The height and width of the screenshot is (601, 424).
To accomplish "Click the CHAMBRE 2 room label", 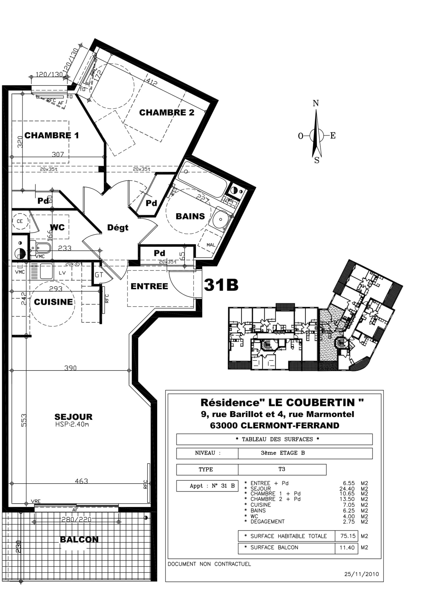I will tap(167, 112).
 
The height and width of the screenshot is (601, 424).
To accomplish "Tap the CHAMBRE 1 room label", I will tap(51, 135).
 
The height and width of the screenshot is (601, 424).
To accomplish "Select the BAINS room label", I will tap(190, 216).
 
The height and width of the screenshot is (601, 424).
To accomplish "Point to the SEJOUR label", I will tap(73, 417).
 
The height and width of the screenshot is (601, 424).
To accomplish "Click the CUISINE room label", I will tap(53, 302).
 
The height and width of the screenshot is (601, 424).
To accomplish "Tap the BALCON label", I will tap(79, 539).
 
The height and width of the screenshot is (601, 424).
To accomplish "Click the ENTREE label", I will tap(149, 286).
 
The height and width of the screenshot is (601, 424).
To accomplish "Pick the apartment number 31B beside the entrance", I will tap(221, 285).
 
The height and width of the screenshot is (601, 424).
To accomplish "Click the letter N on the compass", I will tap(316, 103).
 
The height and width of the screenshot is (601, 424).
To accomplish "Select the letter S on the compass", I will tap(317, 161).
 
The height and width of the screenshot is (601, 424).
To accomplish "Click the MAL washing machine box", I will tap(211, 245).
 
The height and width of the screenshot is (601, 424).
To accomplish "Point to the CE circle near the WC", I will tap(20, 221).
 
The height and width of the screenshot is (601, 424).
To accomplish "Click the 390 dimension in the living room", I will tap(70, 368).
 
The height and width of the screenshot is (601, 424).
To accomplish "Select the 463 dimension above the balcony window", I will tap(81, 481).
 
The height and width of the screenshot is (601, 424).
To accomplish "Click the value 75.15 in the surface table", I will tap(348, 536).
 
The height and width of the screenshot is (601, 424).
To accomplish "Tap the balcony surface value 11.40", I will tap(347, 548).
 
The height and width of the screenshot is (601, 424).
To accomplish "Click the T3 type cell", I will tap(281, 469).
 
